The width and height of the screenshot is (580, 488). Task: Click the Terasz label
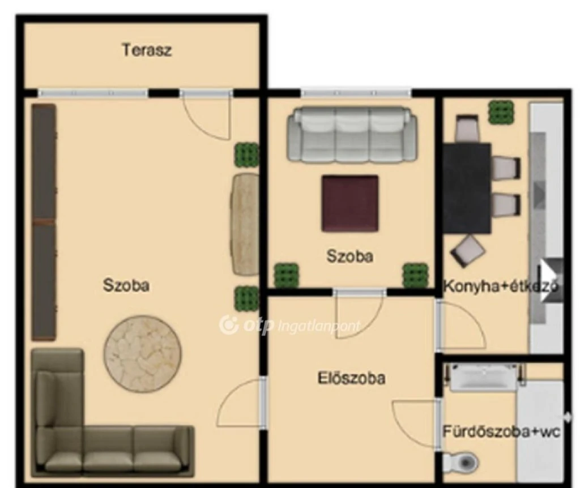[x=147, y=50]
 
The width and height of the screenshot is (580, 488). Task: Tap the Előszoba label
[x=351, y=378]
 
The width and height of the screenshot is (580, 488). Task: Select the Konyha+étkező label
[x=501, y=286]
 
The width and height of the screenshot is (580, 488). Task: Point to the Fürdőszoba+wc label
[x=501, y=431]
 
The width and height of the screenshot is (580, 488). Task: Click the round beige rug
[x=142, y=354]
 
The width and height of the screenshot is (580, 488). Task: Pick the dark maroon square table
[x=350, y=203]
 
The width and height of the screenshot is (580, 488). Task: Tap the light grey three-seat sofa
[x=352, y=135]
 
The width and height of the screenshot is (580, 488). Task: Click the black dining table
[x=467, y=189]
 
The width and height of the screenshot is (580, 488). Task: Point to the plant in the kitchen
[x=501, y=112]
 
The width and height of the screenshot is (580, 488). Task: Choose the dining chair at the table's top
[x=467, y=129]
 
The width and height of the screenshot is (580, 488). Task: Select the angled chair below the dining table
[x=467, y=251]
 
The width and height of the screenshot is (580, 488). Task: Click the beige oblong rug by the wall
[x=245, y=224]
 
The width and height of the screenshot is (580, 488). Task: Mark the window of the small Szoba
[x=356, y=93]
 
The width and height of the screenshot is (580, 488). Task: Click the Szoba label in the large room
[x=126, y=285]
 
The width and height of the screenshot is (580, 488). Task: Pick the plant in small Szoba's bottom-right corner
[x=416, y=276]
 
